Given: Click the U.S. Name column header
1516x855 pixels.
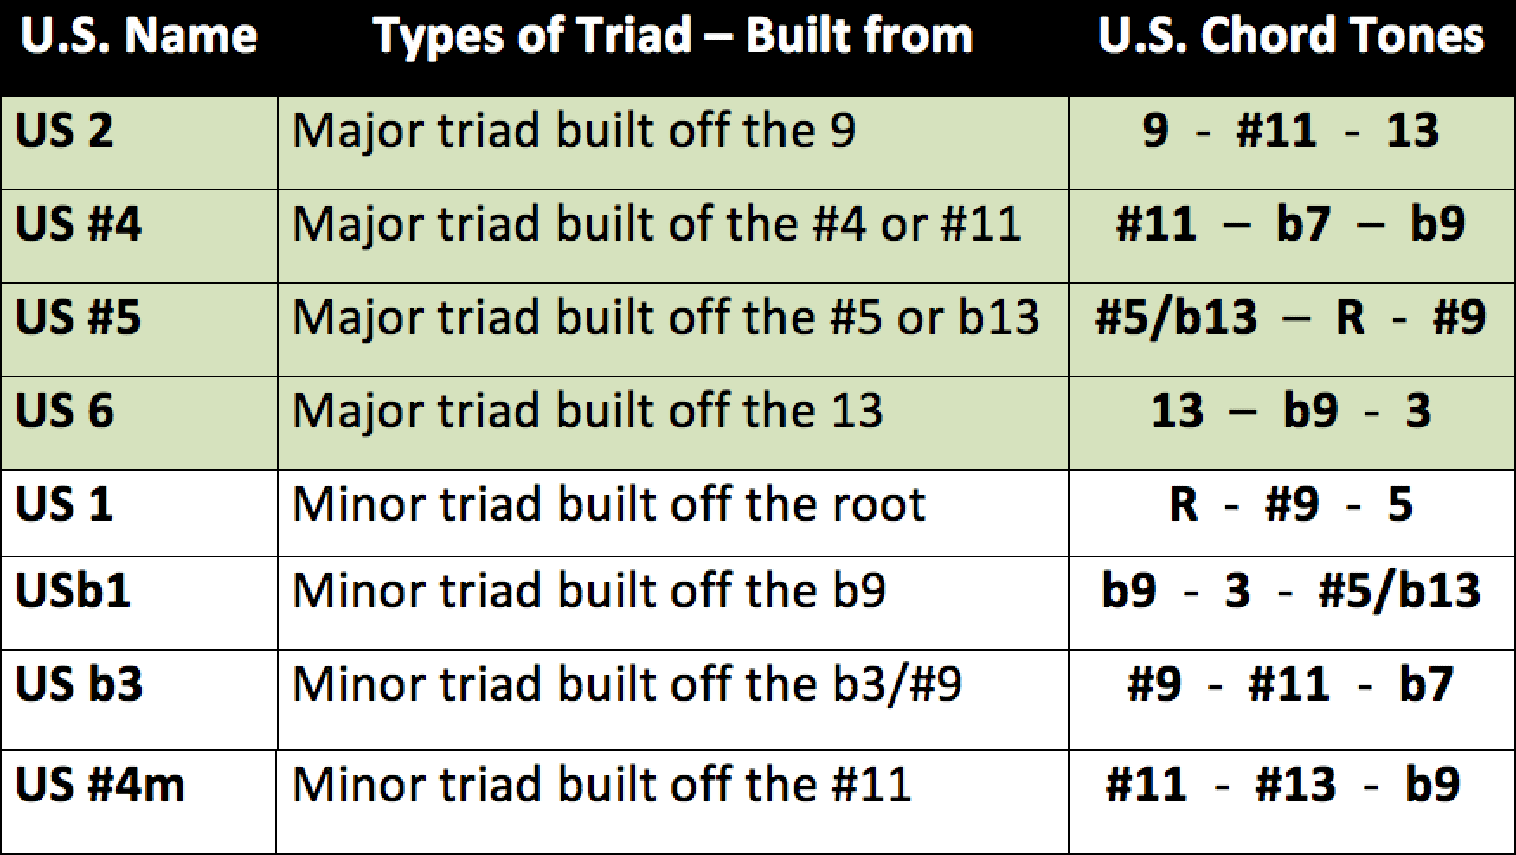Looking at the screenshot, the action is pyautogui.click(x=138, y=36).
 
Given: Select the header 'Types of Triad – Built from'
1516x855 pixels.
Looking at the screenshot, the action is pyautogui.click(x=672, y=36).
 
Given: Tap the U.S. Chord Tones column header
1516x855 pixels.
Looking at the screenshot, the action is pyautogui.click(x=1291, y=36).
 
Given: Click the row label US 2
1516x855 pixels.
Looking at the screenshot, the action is pyautogui.click(x=65, y=131).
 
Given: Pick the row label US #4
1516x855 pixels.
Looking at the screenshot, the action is pyautogui.click(x=79, y=224).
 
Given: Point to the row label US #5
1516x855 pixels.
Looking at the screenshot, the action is pyautogui.click(x=79, y=318).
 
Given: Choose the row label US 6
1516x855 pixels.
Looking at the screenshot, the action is pyautogui.click(x=65, y=411).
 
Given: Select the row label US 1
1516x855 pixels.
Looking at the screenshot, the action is pyautogui.click(x=65, y=505).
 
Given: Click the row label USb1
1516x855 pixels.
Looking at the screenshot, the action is pyautogui.click(x=74, y=591).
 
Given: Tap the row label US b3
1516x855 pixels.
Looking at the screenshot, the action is pyautogui.click(x=80, y=685).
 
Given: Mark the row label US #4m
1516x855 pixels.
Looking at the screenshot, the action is pyautogui.click(x=100, y=785).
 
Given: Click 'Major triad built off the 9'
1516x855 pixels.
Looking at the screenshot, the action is pyautogui.click(x=575, y=131).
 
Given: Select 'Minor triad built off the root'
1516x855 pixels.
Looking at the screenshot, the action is pyautogui.click(x=609, y=505).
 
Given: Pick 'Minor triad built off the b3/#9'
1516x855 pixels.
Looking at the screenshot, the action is pyautogui.click(x=627, y=685).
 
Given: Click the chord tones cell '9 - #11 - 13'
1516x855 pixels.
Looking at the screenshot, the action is pyautogui.click(x=1291, y=131).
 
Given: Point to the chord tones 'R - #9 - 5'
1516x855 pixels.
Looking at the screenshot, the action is pyautogui.click(x=1291, y=505).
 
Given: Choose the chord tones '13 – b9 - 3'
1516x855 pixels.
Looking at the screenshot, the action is pyautogui.click(x=1291, y=411).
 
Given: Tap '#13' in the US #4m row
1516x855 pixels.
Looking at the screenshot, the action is pyautogui.click(x=1295, y=785).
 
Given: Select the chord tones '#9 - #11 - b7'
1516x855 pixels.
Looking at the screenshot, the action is pyautogui.click(x=1291, y=685).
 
